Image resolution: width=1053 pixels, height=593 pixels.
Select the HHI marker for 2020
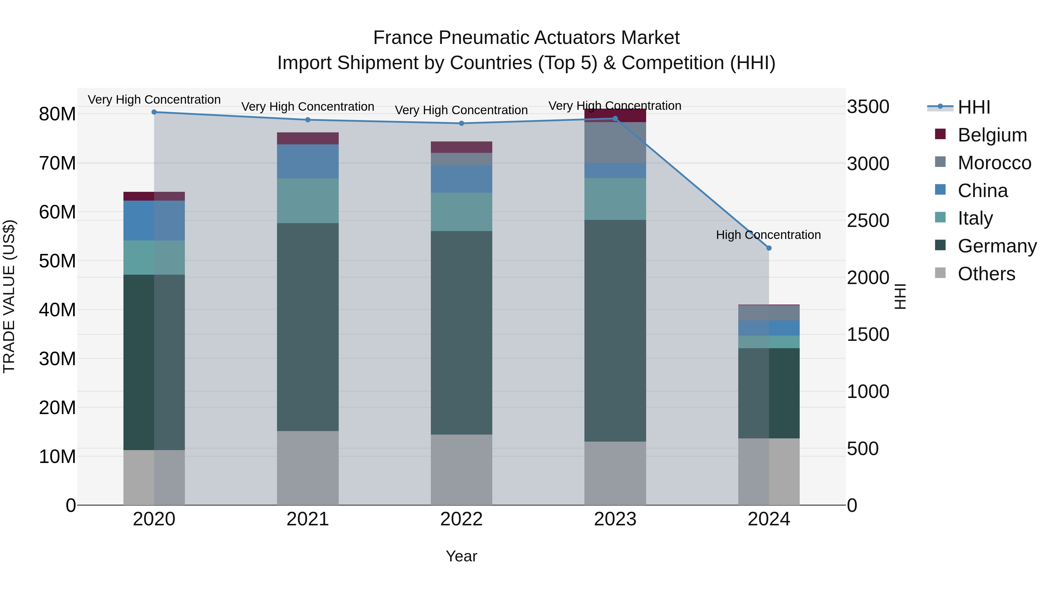click(x=154, y=112)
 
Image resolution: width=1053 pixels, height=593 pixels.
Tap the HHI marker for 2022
click(x=462, y=123)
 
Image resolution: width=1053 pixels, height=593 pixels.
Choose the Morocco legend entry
click(x=994, y=163)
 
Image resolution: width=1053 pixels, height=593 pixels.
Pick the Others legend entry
click(x=986, y=274)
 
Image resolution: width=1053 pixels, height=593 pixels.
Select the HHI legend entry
click(x=974, y=107)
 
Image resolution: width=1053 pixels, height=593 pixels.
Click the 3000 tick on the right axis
click(x=868, y=164)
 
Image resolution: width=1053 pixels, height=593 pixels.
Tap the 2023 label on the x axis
click(x=615, y=519)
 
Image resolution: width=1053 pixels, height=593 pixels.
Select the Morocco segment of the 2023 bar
click(x=615, y=142)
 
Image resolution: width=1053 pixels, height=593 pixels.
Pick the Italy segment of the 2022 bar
click(x=462, y=212)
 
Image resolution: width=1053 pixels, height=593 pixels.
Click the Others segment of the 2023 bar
click(x=615, y=473)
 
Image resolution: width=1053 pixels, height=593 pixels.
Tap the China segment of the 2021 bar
click(x=308, y=161)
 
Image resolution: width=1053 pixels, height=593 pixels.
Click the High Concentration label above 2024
click(x=768, y=235)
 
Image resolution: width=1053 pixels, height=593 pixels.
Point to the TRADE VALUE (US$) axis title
click(x=9, y=296)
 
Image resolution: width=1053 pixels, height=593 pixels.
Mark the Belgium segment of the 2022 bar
click(x=462, y=147)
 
